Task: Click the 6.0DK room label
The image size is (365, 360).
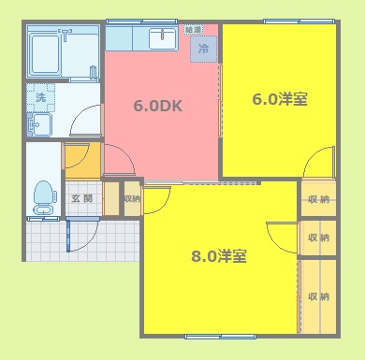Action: (157, 106)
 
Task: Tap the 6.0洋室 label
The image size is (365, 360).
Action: (280, 98)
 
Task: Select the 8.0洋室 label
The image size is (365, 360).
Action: (219, 256)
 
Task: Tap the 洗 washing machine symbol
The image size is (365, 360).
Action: (40, 96)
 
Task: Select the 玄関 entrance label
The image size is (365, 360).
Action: (81, 198)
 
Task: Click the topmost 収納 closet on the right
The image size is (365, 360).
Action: (317, 198)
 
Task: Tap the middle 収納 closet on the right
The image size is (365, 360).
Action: (317, 238)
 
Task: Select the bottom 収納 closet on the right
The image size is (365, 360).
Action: (317, 296)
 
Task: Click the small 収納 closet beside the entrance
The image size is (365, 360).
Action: (132, 198)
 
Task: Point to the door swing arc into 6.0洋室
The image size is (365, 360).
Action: (317, 161)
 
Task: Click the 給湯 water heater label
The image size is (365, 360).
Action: (192, 30)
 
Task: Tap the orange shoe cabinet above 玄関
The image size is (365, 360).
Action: (81, 158)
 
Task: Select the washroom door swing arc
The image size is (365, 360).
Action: (87, 121)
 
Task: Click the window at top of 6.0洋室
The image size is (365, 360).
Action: (285, 22)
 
